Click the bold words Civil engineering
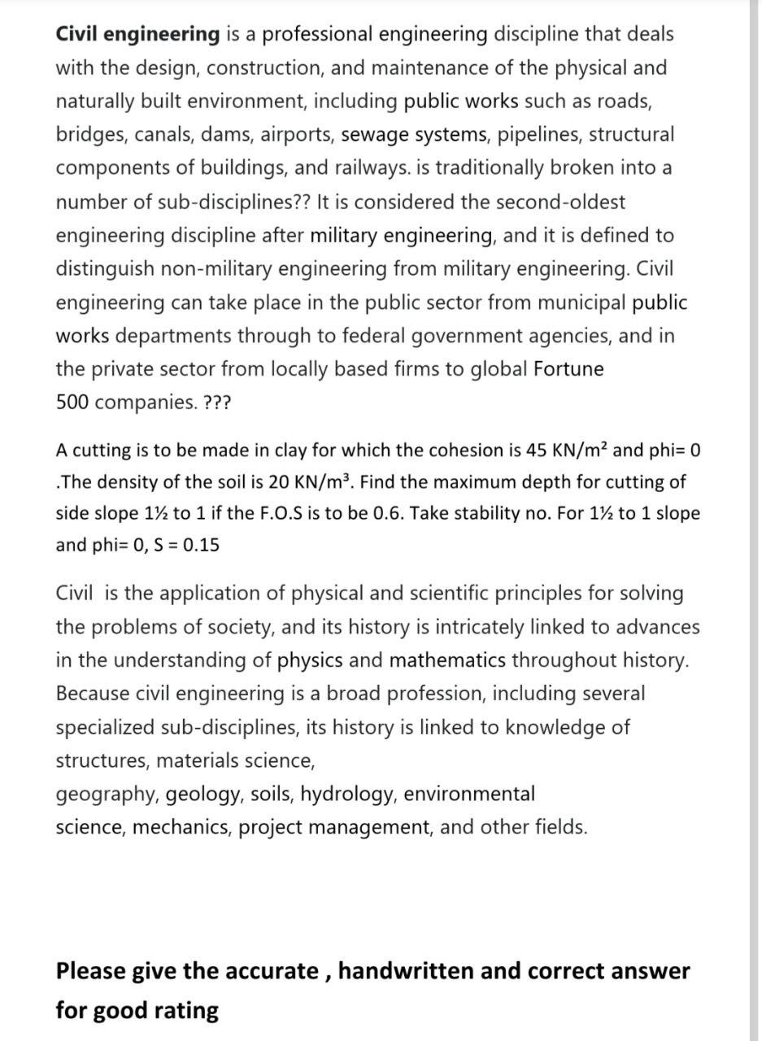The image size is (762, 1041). [137, 34]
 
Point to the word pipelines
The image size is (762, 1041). [538, 134]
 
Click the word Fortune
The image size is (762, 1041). [568, 369]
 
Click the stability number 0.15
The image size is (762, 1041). [201, 546]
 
